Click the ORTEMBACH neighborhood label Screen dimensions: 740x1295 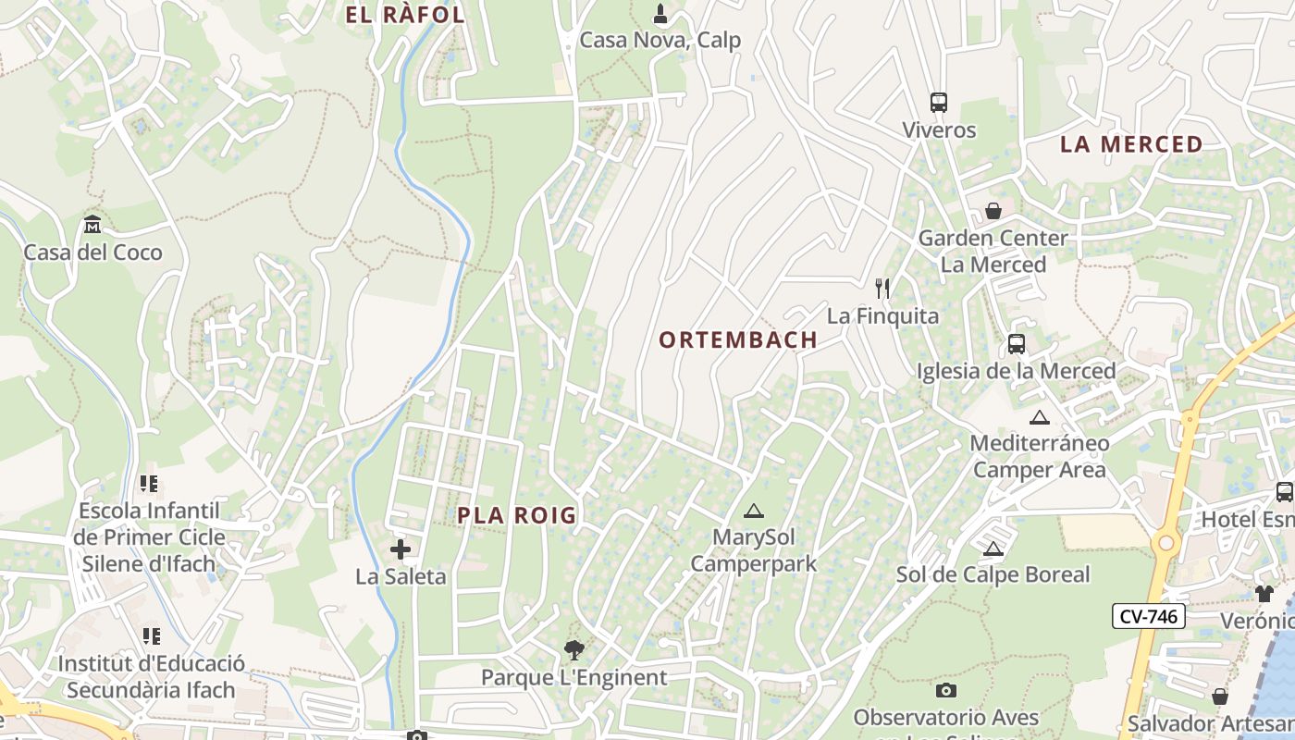(737, 340)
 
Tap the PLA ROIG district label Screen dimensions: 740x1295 (517, 516)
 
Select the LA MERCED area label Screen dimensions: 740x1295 (1130, 144)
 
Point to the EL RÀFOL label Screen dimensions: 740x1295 (404, 15)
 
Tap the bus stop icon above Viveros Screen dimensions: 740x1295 (939, 103)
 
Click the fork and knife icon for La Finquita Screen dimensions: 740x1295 (882, 289)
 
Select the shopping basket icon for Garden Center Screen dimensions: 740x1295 (993, 211)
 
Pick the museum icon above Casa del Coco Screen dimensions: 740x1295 (92, 225)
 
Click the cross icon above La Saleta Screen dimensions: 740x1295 (401, 549)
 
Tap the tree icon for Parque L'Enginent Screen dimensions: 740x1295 (573, 650)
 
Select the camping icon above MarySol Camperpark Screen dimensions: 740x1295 (754, 511)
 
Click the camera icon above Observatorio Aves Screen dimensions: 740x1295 (945, 690)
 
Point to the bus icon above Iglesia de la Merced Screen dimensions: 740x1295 (1017, 344)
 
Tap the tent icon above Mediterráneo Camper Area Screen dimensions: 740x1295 (1040, 417)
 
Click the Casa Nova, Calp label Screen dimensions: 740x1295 (660, 41)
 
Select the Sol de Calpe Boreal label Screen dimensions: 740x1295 (993, 574)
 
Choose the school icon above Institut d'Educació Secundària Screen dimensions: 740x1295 (151, 636)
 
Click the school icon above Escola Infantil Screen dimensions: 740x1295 (149, 484)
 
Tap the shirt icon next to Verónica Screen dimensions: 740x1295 (1264, 594)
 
